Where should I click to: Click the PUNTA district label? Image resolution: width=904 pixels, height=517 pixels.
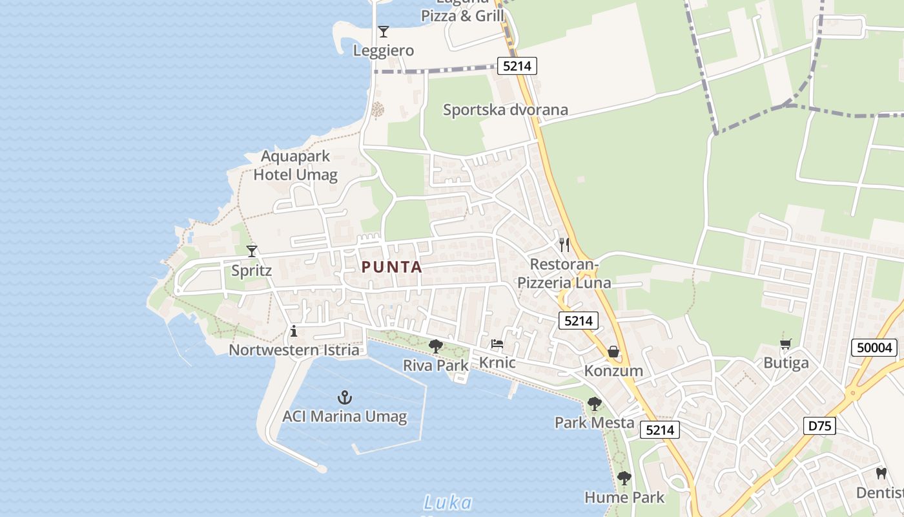tap(391, 267)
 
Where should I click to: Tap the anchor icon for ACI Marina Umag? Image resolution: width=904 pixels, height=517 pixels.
tap(345, 397)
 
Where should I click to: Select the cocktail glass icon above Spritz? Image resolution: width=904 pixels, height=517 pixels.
tap(252, 251)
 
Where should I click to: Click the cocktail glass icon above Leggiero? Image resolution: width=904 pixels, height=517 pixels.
tap(384, 31)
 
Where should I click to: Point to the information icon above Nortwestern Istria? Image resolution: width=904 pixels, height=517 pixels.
tap(294, 332)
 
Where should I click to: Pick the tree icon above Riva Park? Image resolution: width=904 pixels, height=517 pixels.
tap(436, 346)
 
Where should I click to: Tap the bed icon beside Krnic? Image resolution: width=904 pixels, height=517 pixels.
tap(497, 344)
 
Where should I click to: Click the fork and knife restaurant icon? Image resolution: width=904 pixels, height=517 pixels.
tap(564, 244)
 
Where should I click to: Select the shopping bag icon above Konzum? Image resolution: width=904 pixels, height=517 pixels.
tap(613, 352)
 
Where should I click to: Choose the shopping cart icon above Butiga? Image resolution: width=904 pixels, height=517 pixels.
tap(786, 344)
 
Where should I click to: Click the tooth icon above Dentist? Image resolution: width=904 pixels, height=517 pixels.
tap(881, 473)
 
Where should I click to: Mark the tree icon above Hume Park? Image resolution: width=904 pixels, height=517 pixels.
tap(624, 478)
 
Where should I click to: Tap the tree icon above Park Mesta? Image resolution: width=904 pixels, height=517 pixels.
tap(594, 404)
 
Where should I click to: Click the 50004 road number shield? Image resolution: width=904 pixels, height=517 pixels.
tap(875, 348)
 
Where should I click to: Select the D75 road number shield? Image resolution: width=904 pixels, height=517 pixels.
tap(820, 425)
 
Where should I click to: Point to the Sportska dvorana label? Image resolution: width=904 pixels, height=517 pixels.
tap(506, 110)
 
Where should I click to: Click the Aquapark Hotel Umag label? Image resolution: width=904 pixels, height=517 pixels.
tap(295, 165)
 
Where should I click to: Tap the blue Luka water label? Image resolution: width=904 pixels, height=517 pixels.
tap(447, 503)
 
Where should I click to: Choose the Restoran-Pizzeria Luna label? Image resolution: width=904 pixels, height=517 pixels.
tap(564, 273)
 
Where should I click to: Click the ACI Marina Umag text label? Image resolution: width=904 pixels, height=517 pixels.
tap(345, 416)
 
